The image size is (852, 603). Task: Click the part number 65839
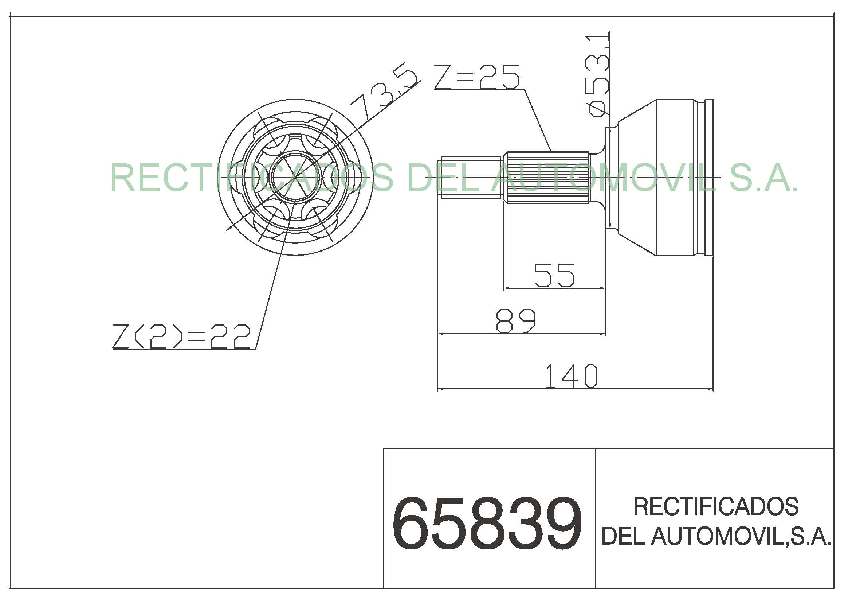[487, 524]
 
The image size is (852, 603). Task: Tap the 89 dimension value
[516, 321]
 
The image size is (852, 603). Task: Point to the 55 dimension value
[554, 275]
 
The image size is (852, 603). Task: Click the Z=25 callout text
[477, 77]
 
